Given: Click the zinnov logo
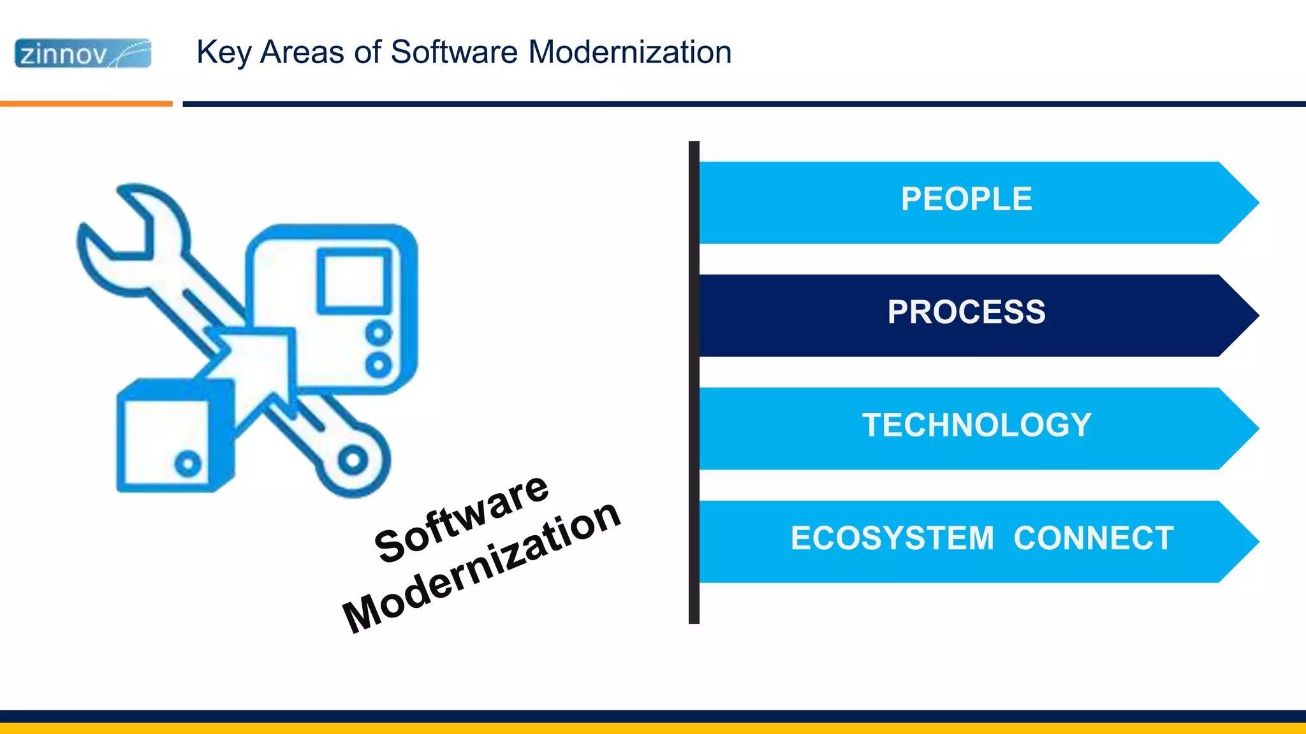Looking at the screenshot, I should tap(83, 54).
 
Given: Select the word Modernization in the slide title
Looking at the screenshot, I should tap(630, 52).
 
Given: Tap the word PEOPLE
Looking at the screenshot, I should tap(966, 199).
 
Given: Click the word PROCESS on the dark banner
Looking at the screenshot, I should tap(966, 312).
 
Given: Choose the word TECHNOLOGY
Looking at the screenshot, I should tap(976, 425).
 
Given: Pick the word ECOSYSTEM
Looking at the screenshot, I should tap(892, 538).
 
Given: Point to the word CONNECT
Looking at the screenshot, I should tap(1094, 538).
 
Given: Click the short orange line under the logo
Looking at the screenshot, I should tap(86, 103).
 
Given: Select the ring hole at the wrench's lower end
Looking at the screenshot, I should tap(353, 461).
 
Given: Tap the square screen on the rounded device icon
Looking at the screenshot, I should tap(354, 280).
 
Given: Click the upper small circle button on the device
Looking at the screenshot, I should tap(379, 333).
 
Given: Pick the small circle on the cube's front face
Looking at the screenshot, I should tap(188, 464).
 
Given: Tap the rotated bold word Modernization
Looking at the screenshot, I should tap(481, 567).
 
